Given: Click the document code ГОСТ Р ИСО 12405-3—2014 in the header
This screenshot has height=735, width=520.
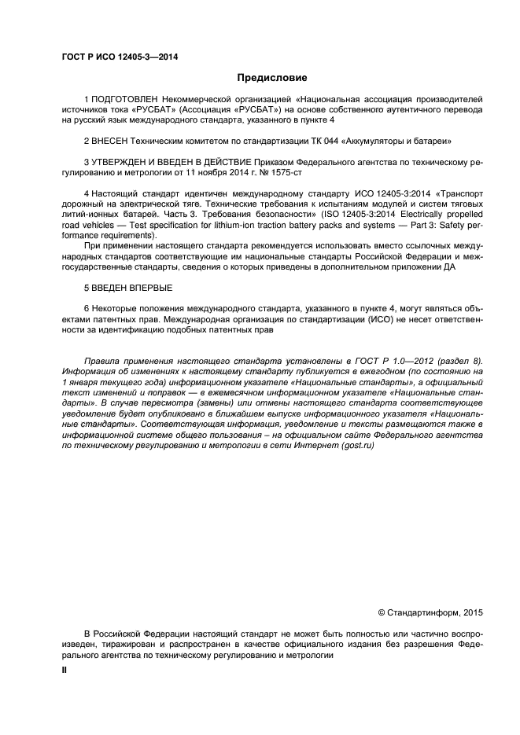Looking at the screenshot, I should click(x=118, y=56).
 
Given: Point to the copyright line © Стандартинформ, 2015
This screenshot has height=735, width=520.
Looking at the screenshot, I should click(x=431, y=611).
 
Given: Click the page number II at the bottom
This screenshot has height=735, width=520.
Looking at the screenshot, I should click(x=65, y=672).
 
